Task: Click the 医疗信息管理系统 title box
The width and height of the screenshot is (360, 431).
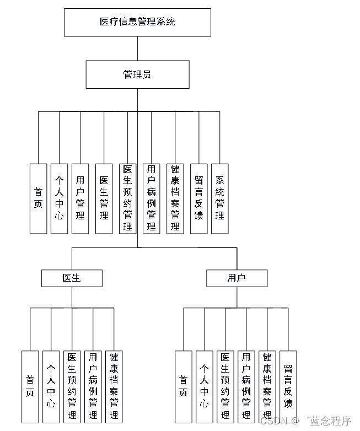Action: coord(137,23)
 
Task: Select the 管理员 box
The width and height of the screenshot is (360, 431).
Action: coord(137,74)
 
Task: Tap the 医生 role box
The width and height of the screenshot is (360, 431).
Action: coord(72,278)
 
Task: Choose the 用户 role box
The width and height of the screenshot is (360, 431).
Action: coord(237,278)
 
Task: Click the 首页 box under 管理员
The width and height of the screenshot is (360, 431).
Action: coord(38,198)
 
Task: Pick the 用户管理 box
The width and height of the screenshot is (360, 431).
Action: coord(80,198)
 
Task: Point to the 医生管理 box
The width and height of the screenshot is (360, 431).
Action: coord(104,198)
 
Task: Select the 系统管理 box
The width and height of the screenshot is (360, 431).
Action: coord(219,198)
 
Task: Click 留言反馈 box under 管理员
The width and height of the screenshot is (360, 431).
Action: coord(198,198)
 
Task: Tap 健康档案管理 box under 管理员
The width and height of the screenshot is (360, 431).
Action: coord(175,198)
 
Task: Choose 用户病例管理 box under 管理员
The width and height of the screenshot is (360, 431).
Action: coord(152,198)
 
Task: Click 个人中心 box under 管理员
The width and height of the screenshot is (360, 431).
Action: coord(60,198)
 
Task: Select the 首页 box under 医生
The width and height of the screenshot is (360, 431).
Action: coord(30,386)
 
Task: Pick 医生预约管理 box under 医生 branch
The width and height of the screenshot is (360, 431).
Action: coord(72,386)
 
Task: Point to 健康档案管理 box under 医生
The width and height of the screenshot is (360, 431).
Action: coord(114,386)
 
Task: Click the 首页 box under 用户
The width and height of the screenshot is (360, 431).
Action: coord(183,386)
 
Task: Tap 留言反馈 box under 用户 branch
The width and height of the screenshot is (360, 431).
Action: coord(288,386)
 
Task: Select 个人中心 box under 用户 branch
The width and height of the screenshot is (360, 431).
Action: coord(204,386)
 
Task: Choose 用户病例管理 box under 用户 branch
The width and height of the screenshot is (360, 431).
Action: coord(246,386)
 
